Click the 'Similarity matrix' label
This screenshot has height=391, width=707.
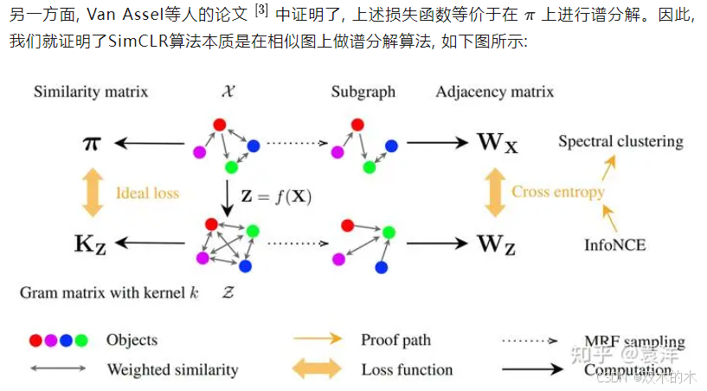(91, 92)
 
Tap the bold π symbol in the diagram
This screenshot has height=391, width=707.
(90, 143)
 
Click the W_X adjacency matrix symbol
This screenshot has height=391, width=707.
(497, 143)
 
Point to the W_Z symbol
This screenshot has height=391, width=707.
(496, 244)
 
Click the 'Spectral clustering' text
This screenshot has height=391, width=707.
(620, 141)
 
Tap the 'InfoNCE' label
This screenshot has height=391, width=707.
(616, 244)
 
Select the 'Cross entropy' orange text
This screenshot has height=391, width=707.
(557, 192)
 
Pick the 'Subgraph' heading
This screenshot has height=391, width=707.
(363, 92)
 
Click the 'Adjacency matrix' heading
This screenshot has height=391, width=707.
(495, 92)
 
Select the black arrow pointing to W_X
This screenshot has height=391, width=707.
(437, 143)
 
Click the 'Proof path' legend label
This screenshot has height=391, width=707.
(395, 340)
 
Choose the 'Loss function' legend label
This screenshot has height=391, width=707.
(407, 369)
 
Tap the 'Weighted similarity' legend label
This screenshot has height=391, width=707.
(172, 369)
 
